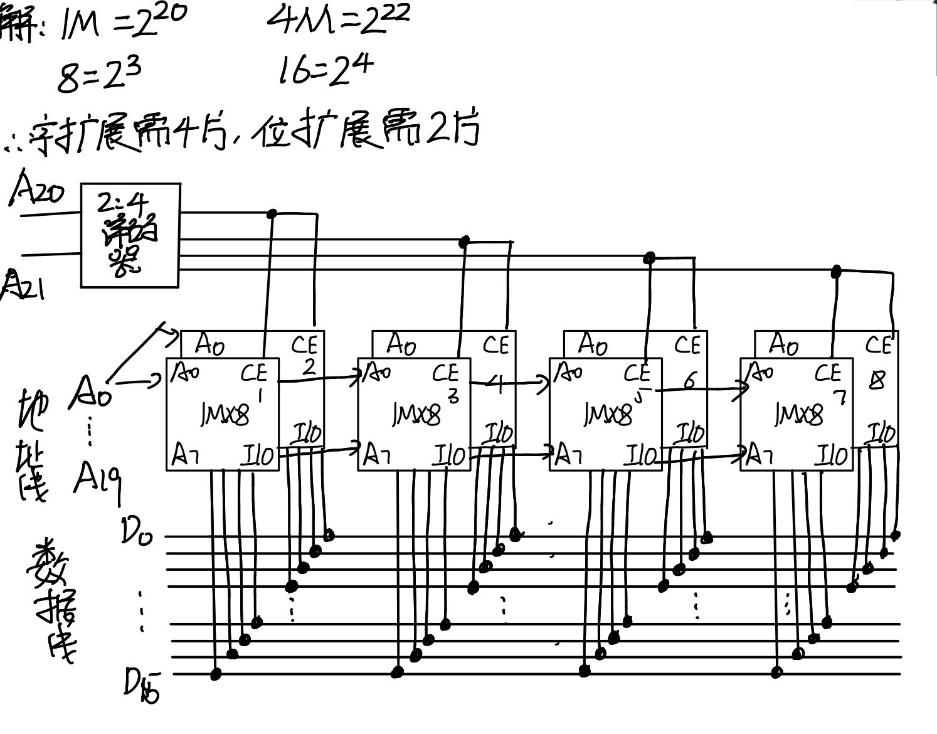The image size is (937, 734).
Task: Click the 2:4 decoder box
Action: coord(130,235)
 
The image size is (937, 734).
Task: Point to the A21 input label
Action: coord(23,285)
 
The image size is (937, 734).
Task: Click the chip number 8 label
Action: coord(877,380)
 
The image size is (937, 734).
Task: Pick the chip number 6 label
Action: coord(689,380)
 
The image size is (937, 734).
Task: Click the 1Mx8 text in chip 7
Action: coord(798,414)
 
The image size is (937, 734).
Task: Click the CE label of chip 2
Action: coord(305,345)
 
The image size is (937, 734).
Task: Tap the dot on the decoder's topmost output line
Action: coord(272,214)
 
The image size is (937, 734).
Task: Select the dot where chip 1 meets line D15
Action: coord(216,674)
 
